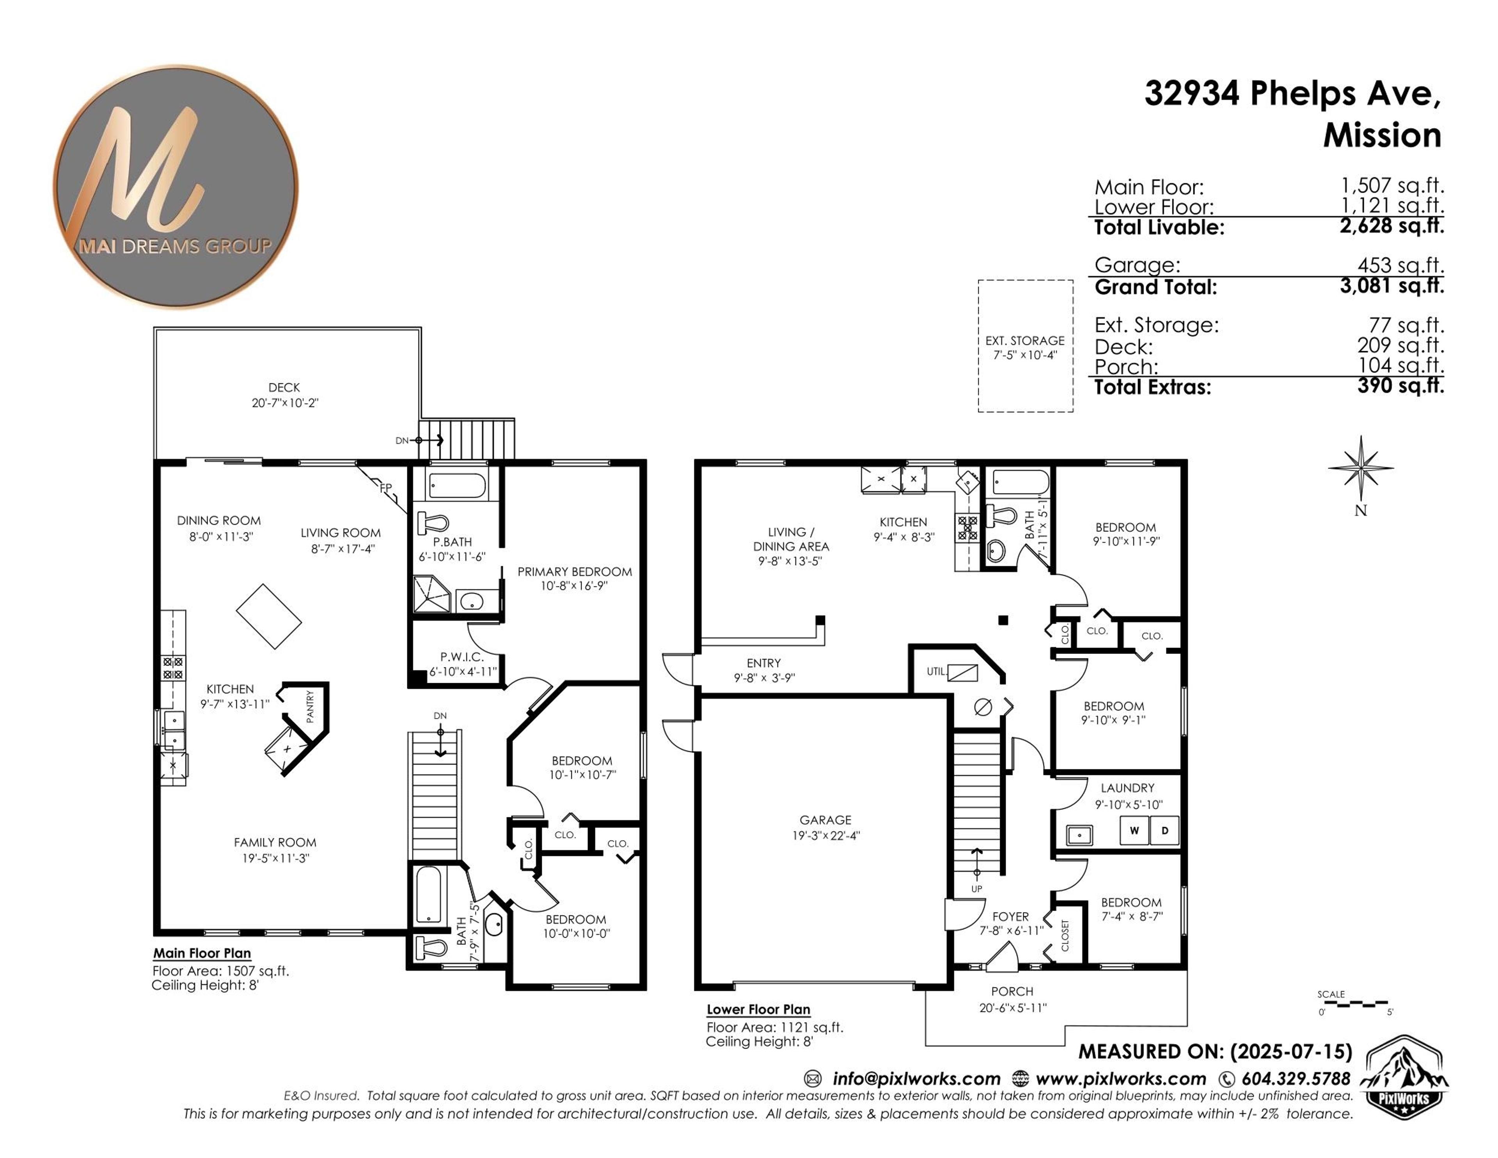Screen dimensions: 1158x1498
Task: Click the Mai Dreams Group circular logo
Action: click(176, 186)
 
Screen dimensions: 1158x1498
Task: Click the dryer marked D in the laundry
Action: click(1164, 831)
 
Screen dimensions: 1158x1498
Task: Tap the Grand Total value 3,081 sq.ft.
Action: click(1391, 285)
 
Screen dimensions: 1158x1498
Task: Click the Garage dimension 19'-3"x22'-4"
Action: click(825, 836)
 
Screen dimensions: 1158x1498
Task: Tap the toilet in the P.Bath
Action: click(433, 524)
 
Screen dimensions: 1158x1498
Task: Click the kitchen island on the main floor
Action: click(269, 616)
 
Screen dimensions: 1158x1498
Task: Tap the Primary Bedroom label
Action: click(574, 572)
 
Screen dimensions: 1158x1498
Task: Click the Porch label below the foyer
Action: click(1012, 991)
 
